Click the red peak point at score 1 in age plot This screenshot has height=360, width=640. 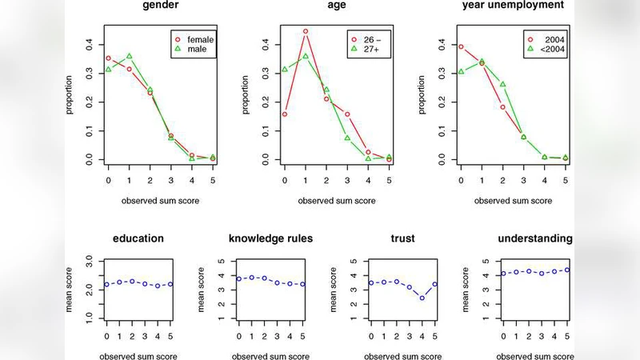tap(306, 32)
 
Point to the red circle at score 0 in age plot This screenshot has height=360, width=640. tap(285, 114)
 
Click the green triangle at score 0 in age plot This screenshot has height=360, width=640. tap(285, 70)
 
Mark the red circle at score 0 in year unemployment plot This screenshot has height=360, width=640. tap(462, 46)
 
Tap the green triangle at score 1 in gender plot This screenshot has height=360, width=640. tap(129, 56)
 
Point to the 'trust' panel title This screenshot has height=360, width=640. tap(402, 238)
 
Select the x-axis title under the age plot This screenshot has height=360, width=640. tap(337, 200)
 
